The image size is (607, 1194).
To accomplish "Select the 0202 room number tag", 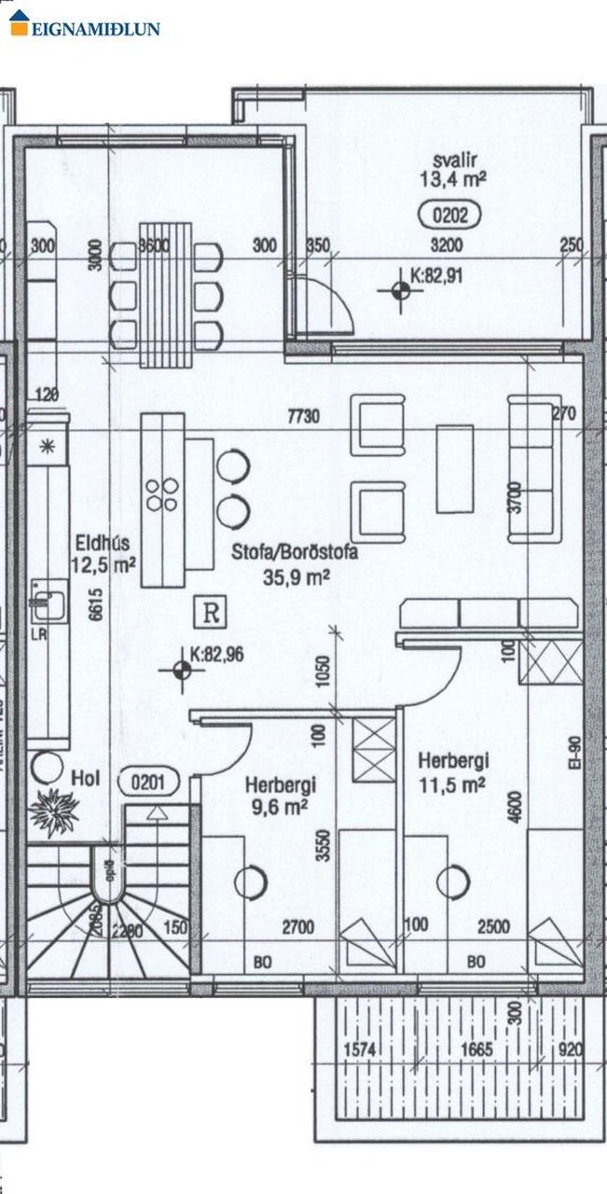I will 450,216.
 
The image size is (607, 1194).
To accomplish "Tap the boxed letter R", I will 211,613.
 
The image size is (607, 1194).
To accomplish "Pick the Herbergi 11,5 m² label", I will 452,771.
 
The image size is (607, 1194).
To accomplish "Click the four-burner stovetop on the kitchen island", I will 163,493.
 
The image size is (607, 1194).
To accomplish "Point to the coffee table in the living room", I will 454,469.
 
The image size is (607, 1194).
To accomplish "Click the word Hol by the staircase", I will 85,777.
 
